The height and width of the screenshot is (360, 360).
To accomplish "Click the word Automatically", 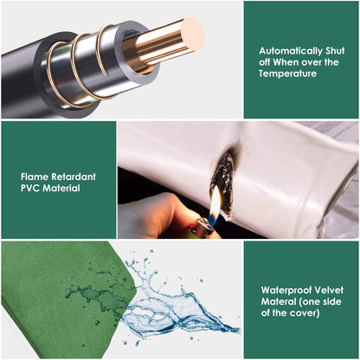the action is coord(291,51).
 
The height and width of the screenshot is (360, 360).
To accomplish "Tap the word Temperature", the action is coord(287,74).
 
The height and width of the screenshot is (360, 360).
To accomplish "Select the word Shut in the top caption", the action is coord(335,51).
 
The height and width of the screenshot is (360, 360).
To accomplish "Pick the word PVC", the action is coord(30,188).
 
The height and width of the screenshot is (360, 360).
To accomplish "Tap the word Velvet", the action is coord(325,290).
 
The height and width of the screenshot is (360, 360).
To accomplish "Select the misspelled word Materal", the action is coord(279,301).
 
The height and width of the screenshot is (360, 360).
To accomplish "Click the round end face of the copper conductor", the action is coord(192,35).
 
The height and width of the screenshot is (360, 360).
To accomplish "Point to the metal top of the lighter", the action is coord(202,227).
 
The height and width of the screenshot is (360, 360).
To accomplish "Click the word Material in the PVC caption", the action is coord(61,188).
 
